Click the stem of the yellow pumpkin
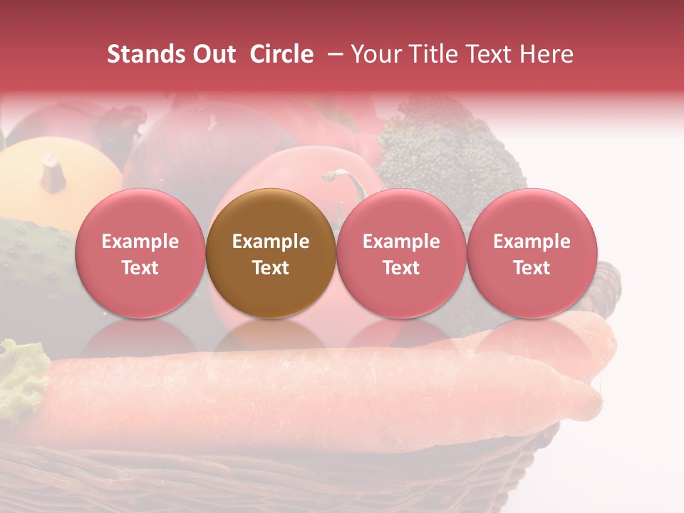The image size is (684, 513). pos(52,172)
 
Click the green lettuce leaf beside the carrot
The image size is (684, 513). pos(21,378)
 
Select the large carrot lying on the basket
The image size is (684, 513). pos(321,392)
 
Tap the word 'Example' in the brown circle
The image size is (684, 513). pos(271,242)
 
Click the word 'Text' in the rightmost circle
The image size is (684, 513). pos(532,268)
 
